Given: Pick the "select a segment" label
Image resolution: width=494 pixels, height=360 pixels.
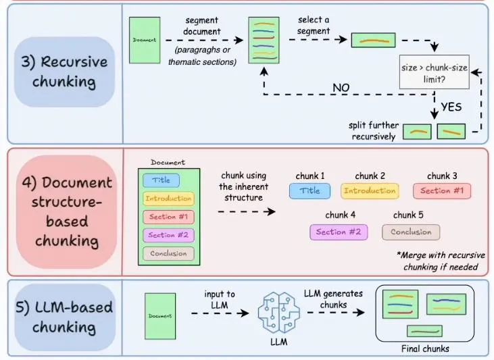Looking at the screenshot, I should coord(314,25).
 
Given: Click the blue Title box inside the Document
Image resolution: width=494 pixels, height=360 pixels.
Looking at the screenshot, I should coord(161,180).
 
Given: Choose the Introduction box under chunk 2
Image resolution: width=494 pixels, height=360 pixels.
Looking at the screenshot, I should coord(369,190).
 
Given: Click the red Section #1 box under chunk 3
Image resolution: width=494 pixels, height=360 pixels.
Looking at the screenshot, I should coord(441,190).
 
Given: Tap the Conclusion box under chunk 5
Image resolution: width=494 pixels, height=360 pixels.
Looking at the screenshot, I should coord(411,232).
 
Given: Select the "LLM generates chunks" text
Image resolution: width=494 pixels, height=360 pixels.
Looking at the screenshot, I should coord(333,298).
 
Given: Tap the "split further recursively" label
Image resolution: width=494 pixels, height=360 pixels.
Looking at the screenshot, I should coord(373,130).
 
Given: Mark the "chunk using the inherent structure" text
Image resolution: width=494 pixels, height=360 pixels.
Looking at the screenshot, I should coord(245,187).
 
